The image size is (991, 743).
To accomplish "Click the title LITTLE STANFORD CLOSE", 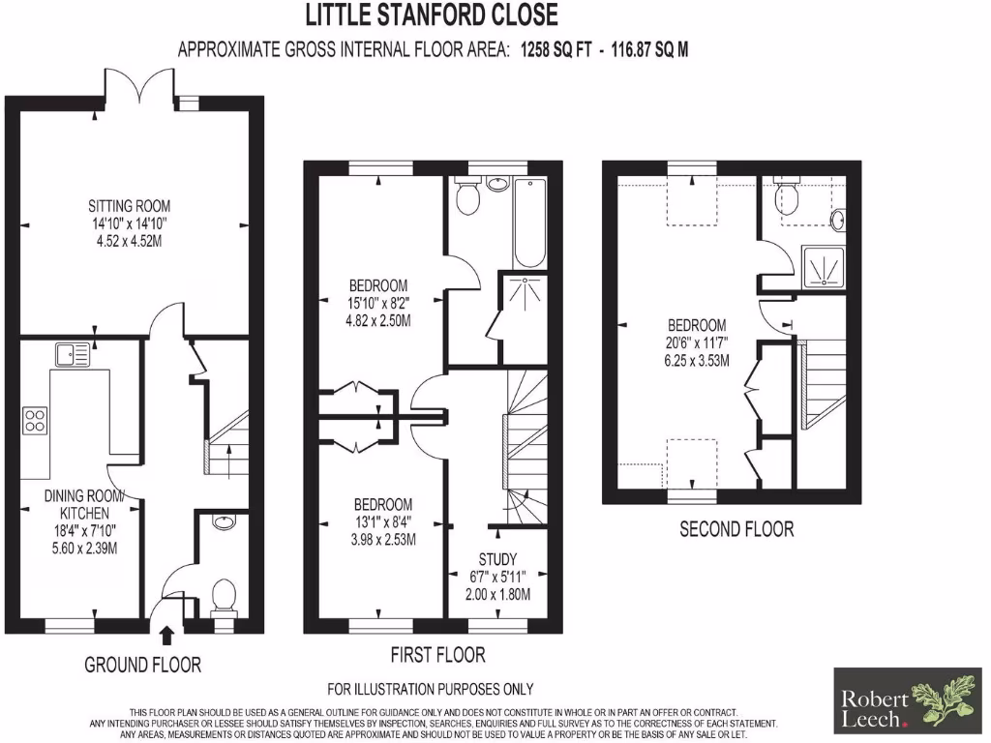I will [x=432, y=15].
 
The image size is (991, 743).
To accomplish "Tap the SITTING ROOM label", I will [x=129, y=205].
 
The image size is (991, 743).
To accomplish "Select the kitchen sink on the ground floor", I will [x=74, y=355].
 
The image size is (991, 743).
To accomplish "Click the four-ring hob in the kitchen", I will [x=36, y=420].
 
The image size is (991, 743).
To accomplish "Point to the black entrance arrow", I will [x=165, y=635].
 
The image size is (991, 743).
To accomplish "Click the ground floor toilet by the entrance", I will [x=224, y=594].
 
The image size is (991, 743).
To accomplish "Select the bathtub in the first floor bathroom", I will [x=529, y=223].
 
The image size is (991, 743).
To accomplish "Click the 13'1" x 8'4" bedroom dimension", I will [x=383, y=522].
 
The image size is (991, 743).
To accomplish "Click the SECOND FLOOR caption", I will [x=736, y=529].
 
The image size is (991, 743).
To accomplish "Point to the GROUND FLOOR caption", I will [x=142, y=665].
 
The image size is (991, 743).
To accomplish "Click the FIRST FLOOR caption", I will [x=437, y=655].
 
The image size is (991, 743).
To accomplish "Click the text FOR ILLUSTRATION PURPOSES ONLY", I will [x=431, y=690].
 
